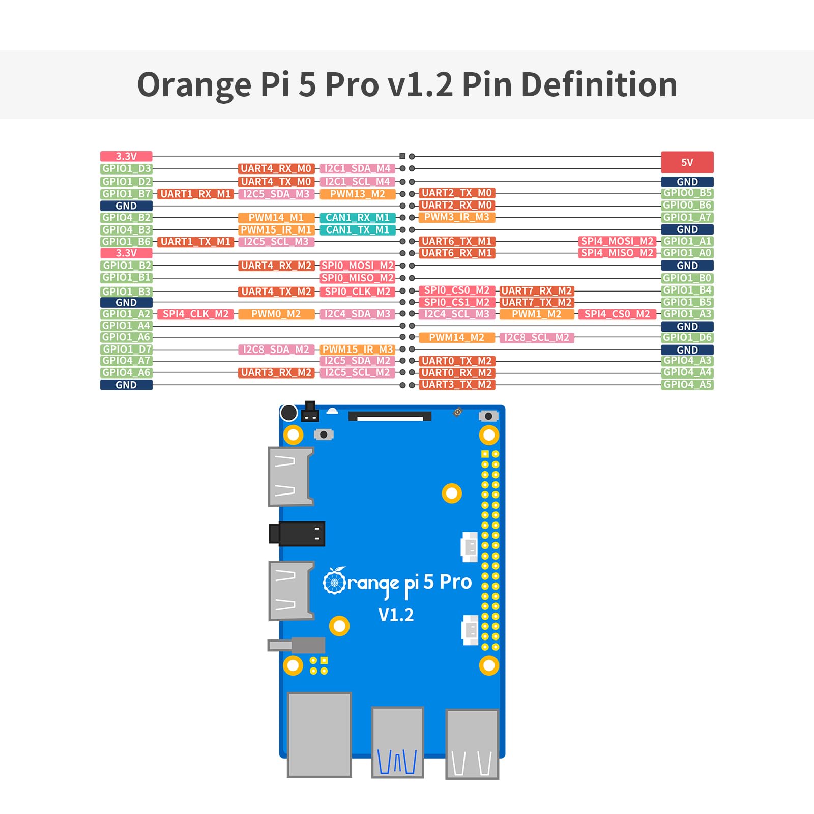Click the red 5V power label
tap(687, 162)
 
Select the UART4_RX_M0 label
tap(276, 168)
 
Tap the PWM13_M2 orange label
tap(357, 194)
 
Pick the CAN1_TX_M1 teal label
tap(357, 229)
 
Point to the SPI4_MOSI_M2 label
tap(617, 241)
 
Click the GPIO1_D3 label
tap(126, 168)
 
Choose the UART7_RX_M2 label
tap(536, 290)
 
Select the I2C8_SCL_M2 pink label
tap(536, 337)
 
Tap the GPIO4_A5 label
tap(687, 385)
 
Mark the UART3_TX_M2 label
tap(456, 385)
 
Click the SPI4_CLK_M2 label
tap(195, 314)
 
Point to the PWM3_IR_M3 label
tap(456, 217)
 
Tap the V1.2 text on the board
tap(396, 615)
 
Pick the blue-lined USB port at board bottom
tap(397, 742)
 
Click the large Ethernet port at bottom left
tap(319, 735)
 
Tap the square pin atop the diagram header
tap(402, 156)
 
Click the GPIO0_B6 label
tap(687, 205)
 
